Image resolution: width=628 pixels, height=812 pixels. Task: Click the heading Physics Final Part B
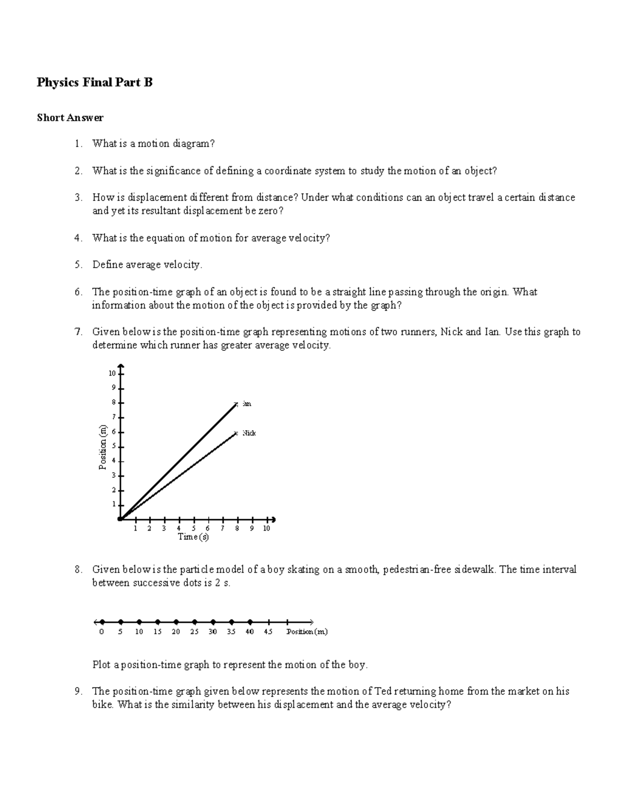(x=95, y=83)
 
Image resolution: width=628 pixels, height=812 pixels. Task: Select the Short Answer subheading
(x=70, y=118)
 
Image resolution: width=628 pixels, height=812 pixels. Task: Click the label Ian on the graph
(x=247, y=404)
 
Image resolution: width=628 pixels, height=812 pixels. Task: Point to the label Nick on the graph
(x=249, y=433)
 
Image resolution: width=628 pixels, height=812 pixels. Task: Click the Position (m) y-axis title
(x=103, y=447)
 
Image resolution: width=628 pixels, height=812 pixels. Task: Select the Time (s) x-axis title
(x=193, y=537)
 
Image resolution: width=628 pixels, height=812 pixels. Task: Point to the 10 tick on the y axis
(x=111, y=373)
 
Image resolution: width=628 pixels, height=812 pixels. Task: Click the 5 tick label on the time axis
(x=194, y=529)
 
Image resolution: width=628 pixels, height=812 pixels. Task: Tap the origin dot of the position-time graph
(x=120, y=519)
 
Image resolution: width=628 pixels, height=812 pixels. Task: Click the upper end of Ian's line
(x=237, y=404)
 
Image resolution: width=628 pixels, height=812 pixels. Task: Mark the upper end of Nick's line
(x=237, y=433)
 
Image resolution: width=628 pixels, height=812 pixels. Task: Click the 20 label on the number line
(x=176, y=632)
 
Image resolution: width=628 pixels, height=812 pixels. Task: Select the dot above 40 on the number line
(x=250, y=622)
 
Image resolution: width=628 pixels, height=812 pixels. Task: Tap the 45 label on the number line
(x=268, y=632)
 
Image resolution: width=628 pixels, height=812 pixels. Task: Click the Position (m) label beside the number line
(x=307, y=632)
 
